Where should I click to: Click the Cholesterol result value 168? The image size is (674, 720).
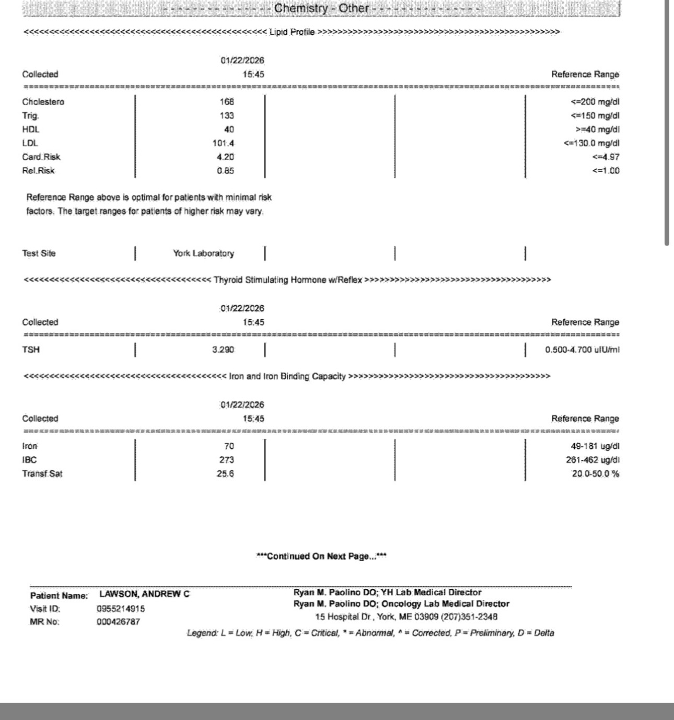pos(227,102)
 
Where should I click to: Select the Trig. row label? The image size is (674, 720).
pos(30,115)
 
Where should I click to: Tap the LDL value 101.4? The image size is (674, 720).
pos(223,143)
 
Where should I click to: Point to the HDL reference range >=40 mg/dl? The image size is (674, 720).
pos(597,130)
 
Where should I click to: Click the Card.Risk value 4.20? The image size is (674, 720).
pos(225,157)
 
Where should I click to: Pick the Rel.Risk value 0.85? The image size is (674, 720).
pos(225,170)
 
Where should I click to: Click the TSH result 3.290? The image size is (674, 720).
pos(223,350)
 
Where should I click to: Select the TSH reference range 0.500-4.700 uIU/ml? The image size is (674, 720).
pos(582,350)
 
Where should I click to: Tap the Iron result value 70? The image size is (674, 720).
pos(229,446)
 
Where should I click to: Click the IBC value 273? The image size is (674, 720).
pos(227,460)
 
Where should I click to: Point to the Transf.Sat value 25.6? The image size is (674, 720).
pos(225,474)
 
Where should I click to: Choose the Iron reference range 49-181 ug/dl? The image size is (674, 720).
pos(595,446)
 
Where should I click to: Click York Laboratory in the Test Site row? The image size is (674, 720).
pos(203,253)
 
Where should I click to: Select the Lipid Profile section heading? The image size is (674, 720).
pos(292,32)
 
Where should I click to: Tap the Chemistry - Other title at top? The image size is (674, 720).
pos(321,8)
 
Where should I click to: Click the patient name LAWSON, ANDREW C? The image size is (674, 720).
pos(145,594)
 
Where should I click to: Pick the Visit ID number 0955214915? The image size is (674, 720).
pos(121,609)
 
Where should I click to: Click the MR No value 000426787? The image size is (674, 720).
pos(118,622)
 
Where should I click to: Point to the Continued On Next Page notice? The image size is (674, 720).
pos(321,556)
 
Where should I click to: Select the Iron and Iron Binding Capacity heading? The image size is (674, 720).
pos(287,376)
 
